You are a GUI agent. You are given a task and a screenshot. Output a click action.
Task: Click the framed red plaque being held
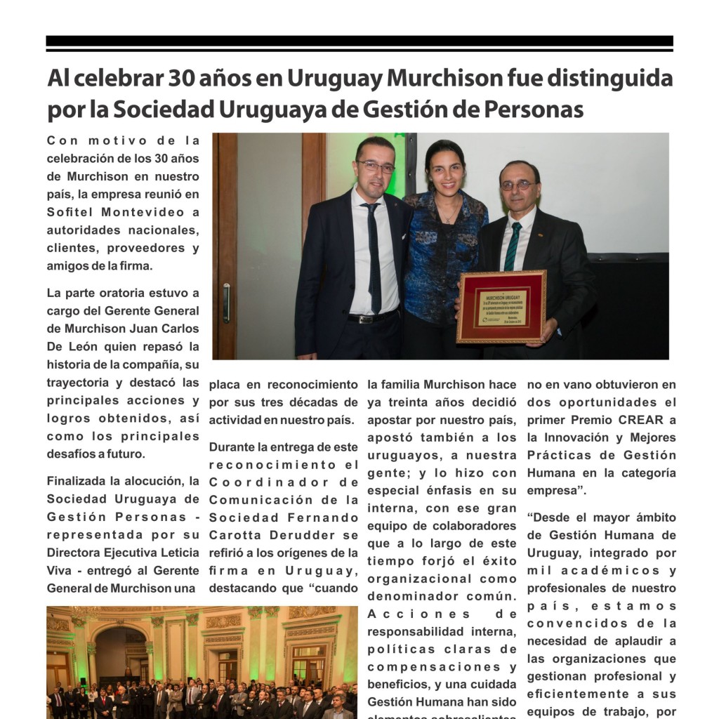point(501,307)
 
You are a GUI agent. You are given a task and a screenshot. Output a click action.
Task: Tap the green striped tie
point(513,246)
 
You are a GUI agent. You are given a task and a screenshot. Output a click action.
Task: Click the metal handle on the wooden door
point(226,303)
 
